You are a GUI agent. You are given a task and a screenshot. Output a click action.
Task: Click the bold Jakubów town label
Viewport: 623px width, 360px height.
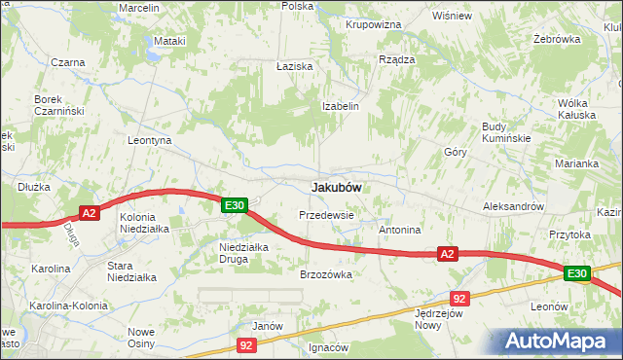(337, 186)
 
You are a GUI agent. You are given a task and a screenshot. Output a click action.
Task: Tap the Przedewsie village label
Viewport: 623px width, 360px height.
(326, 214)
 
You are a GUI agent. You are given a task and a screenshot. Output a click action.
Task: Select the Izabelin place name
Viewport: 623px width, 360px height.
(342, 106)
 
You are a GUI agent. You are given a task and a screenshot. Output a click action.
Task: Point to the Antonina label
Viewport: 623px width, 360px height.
(399, 231)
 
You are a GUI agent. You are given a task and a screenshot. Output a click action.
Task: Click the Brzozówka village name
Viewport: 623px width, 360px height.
(325, 274)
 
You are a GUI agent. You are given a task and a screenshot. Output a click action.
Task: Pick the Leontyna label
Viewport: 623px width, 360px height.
(150, 140)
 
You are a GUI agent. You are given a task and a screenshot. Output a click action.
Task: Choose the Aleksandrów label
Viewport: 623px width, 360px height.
(513, 207)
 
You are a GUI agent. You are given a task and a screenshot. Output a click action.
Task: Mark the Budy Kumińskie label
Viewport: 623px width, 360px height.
(506, 132)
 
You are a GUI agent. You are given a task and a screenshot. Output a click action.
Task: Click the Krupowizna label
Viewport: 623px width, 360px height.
(374, 22)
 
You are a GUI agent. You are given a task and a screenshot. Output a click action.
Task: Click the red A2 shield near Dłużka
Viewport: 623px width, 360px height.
(89, 213)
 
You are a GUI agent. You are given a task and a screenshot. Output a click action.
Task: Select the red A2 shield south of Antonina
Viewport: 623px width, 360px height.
(447, 254)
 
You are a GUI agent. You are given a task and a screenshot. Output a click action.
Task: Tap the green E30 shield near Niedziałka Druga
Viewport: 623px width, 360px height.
(234, 205)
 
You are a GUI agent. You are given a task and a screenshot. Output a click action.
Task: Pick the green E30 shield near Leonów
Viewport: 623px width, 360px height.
(576, 273)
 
